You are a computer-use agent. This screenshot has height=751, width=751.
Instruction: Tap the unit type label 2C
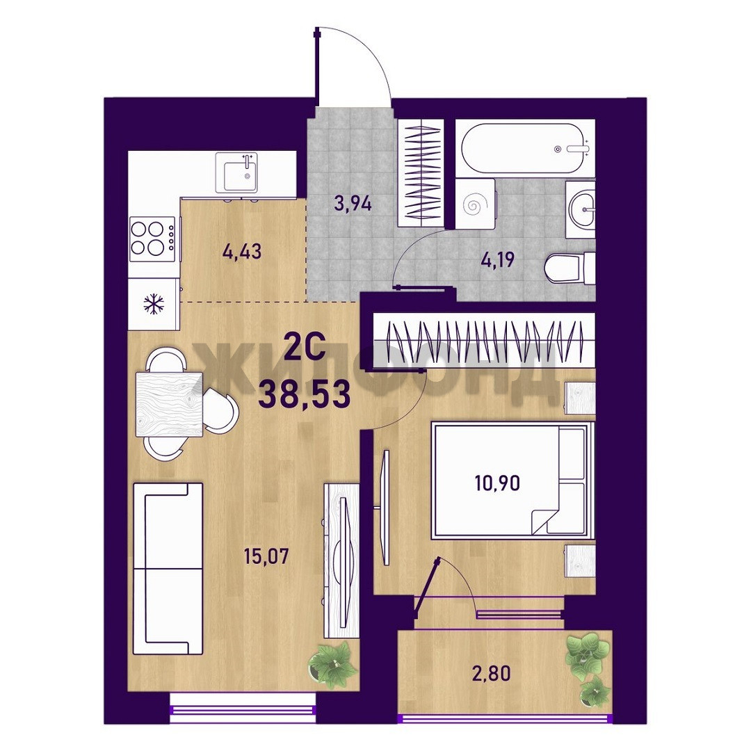(x=305, y=350)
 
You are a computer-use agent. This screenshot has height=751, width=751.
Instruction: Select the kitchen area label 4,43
(x=242, y=252)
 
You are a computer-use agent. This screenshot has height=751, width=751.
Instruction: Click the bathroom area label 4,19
(x=498, y=260)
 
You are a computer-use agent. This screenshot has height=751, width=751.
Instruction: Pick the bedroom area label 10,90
(x=497, y=484)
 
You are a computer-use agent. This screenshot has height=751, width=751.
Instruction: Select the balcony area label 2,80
(x=491, y=674)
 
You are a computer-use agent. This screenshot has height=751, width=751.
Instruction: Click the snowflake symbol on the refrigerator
(x=154, y=304)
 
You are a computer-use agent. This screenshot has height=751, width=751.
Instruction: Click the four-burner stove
(x=152, y=239)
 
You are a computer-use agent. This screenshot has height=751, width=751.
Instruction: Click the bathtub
(x=524, y=149)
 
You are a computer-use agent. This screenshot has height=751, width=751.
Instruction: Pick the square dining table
(x=168, y=405)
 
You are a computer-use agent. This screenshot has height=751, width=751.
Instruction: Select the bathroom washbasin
(x=581, y=209)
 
